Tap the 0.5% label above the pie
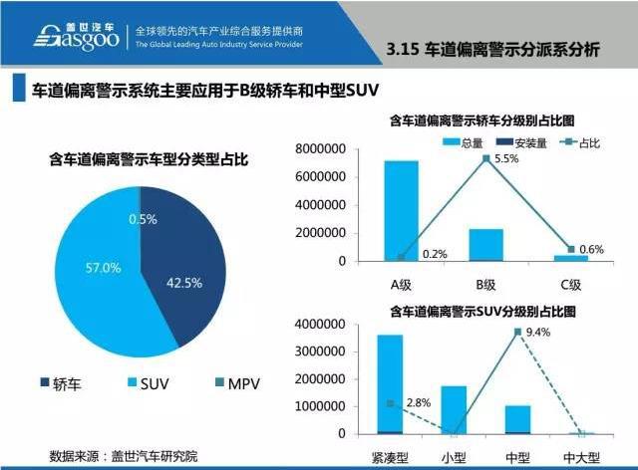tap(143, 219)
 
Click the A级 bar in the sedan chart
tap(401, 210)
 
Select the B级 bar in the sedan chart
tap(486, 245)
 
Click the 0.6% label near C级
tap(591, 249)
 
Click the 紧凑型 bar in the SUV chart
tap(390, 384)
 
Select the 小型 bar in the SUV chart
tap(454, 409)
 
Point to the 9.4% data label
tap(538, 333)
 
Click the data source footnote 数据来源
tap(124, 456)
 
